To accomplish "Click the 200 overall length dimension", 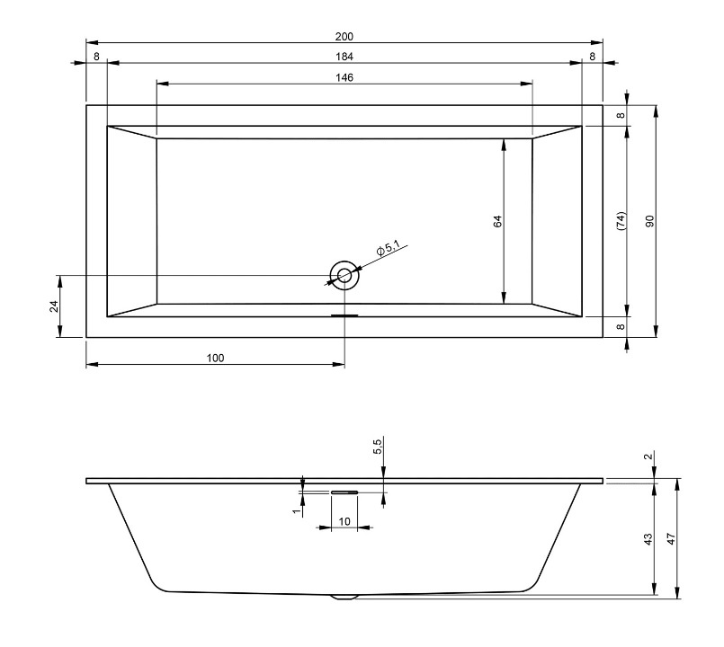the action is click(344, 37).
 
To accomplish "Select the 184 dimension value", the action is click(344, 57).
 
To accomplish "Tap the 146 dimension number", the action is click(344, 77).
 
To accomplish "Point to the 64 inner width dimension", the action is click(497, 221).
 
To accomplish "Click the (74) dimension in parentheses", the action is click(621, 221).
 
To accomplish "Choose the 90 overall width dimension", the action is click(649, 221).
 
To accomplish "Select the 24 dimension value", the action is click(55, 306).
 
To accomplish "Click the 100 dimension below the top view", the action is click(215, 358).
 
